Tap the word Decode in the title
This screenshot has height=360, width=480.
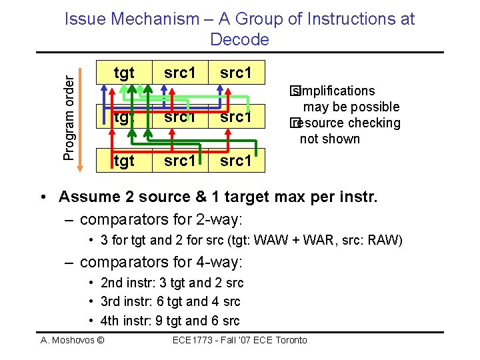pos(239,40)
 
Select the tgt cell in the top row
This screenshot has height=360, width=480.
pos(124,72)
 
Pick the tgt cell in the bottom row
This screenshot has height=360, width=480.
pos(124,161)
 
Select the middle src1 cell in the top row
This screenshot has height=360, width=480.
pos(180,72)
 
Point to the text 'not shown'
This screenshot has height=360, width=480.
pos(330,139)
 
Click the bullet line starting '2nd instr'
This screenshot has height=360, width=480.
pos(171,283)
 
